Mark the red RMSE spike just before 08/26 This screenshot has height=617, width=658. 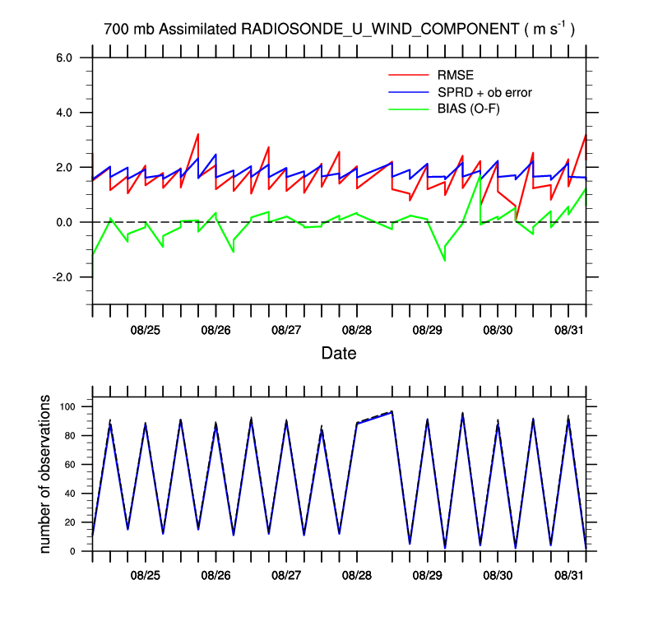pyautogui.click(x=198, y=134)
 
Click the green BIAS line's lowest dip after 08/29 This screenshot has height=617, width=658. pyautogui.click(x=445, y=260)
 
